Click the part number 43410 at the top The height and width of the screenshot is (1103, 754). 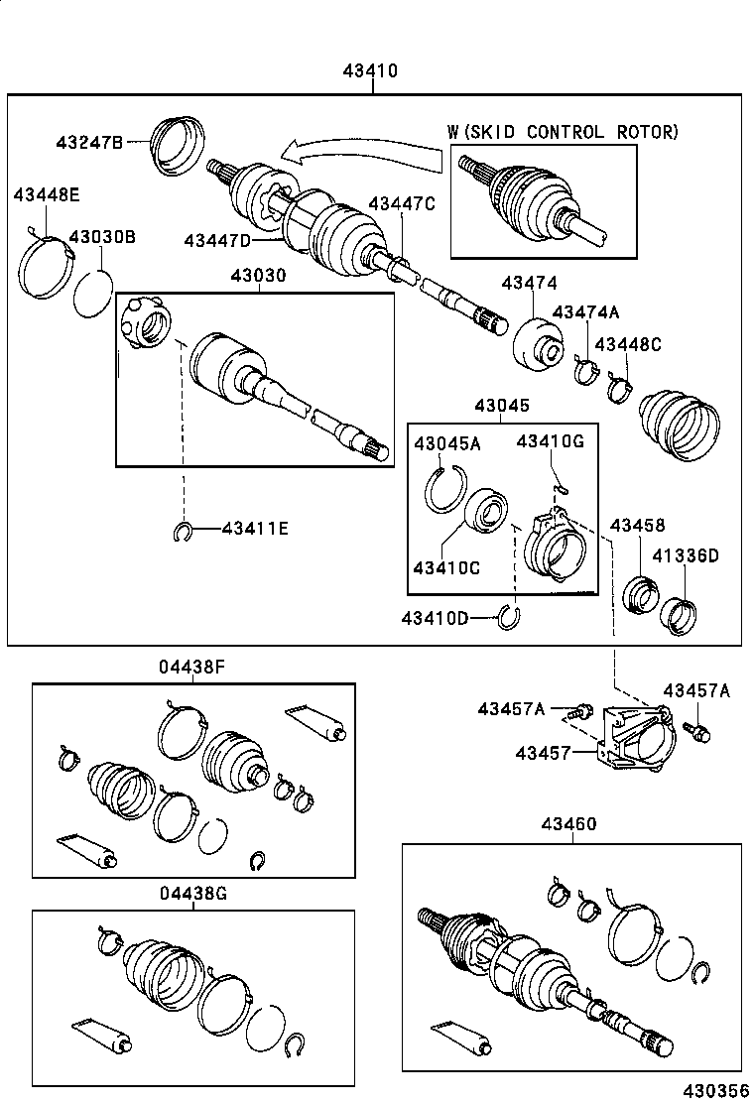[x=370, y=70]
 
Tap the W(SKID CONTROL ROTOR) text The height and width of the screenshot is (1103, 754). [x=563, y=132]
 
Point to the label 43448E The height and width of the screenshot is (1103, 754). [x=46, y=194]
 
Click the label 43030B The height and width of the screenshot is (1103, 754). [x=101, y=237]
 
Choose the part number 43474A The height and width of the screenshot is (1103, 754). [x=585, y=312]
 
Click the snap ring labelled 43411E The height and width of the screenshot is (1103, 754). [x=182, y=531]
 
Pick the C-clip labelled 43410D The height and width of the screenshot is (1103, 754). [x=509, y=617]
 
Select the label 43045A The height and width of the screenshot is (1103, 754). [x=446, y=443]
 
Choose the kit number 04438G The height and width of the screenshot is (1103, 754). [x=192, y=893]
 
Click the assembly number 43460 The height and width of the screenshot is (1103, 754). [x=569, y=824]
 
